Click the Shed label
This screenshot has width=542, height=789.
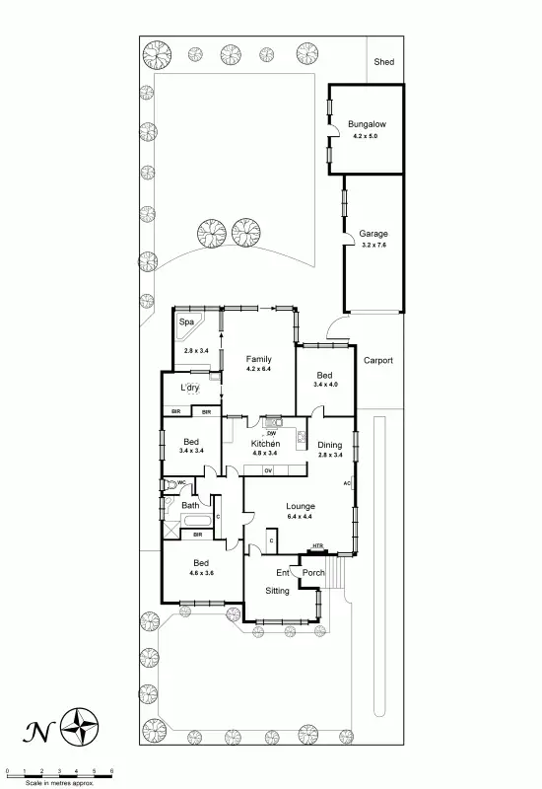tap(383, 62)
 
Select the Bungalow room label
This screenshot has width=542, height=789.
tap(366, 124)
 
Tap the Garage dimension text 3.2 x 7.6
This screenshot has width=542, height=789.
tap(373, 244)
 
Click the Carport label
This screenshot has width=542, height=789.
tap(377, 361)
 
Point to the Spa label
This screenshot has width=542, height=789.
tap(186, 322)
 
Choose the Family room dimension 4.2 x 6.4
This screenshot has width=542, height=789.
tap(258, 369)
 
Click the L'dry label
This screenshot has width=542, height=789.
tap(189, 388)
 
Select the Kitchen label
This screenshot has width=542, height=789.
tap(266, 444)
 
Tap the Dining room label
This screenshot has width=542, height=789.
tap(330, 445)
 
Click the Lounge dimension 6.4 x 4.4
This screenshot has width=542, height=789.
tap(301, 516)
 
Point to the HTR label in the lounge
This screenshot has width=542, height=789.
tap(317, 546)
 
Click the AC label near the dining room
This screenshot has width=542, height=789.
tap(347, 483)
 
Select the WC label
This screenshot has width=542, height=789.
tap(181, 482)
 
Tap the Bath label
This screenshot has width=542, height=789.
tap(190, 506)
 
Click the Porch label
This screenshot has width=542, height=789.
tap(313, 573)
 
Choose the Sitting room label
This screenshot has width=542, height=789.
tap(277, 590)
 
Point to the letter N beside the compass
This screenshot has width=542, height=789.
tap(37, 731)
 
